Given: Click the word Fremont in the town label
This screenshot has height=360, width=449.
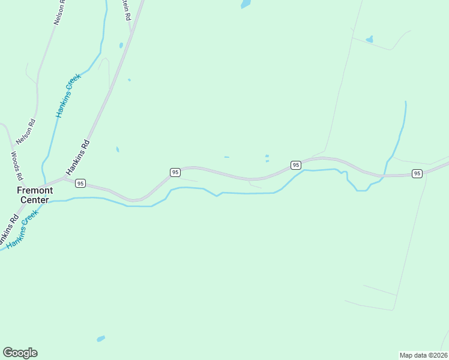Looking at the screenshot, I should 34,190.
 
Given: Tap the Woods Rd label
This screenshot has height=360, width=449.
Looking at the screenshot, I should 16,166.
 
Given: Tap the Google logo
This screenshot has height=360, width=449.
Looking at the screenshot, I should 20,353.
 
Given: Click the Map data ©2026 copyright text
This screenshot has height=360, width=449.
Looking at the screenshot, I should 423,355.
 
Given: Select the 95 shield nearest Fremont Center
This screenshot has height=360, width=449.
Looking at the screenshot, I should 81,183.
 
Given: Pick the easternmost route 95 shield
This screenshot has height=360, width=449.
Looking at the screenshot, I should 417,173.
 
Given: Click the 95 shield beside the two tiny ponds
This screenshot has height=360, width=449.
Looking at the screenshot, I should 295,164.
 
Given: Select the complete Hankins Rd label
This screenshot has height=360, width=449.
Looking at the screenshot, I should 77,157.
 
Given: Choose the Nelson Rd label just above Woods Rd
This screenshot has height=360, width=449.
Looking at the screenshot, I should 26,132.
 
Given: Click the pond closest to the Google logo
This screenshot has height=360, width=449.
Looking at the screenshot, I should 101,338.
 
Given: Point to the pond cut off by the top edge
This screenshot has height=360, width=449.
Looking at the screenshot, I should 246,4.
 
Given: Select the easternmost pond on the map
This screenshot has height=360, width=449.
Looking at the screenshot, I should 369,40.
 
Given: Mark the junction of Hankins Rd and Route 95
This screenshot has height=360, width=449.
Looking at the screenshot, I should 63,178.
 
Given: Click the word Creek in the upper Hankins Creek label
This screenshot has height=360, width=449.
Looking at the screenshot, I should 73,82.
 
